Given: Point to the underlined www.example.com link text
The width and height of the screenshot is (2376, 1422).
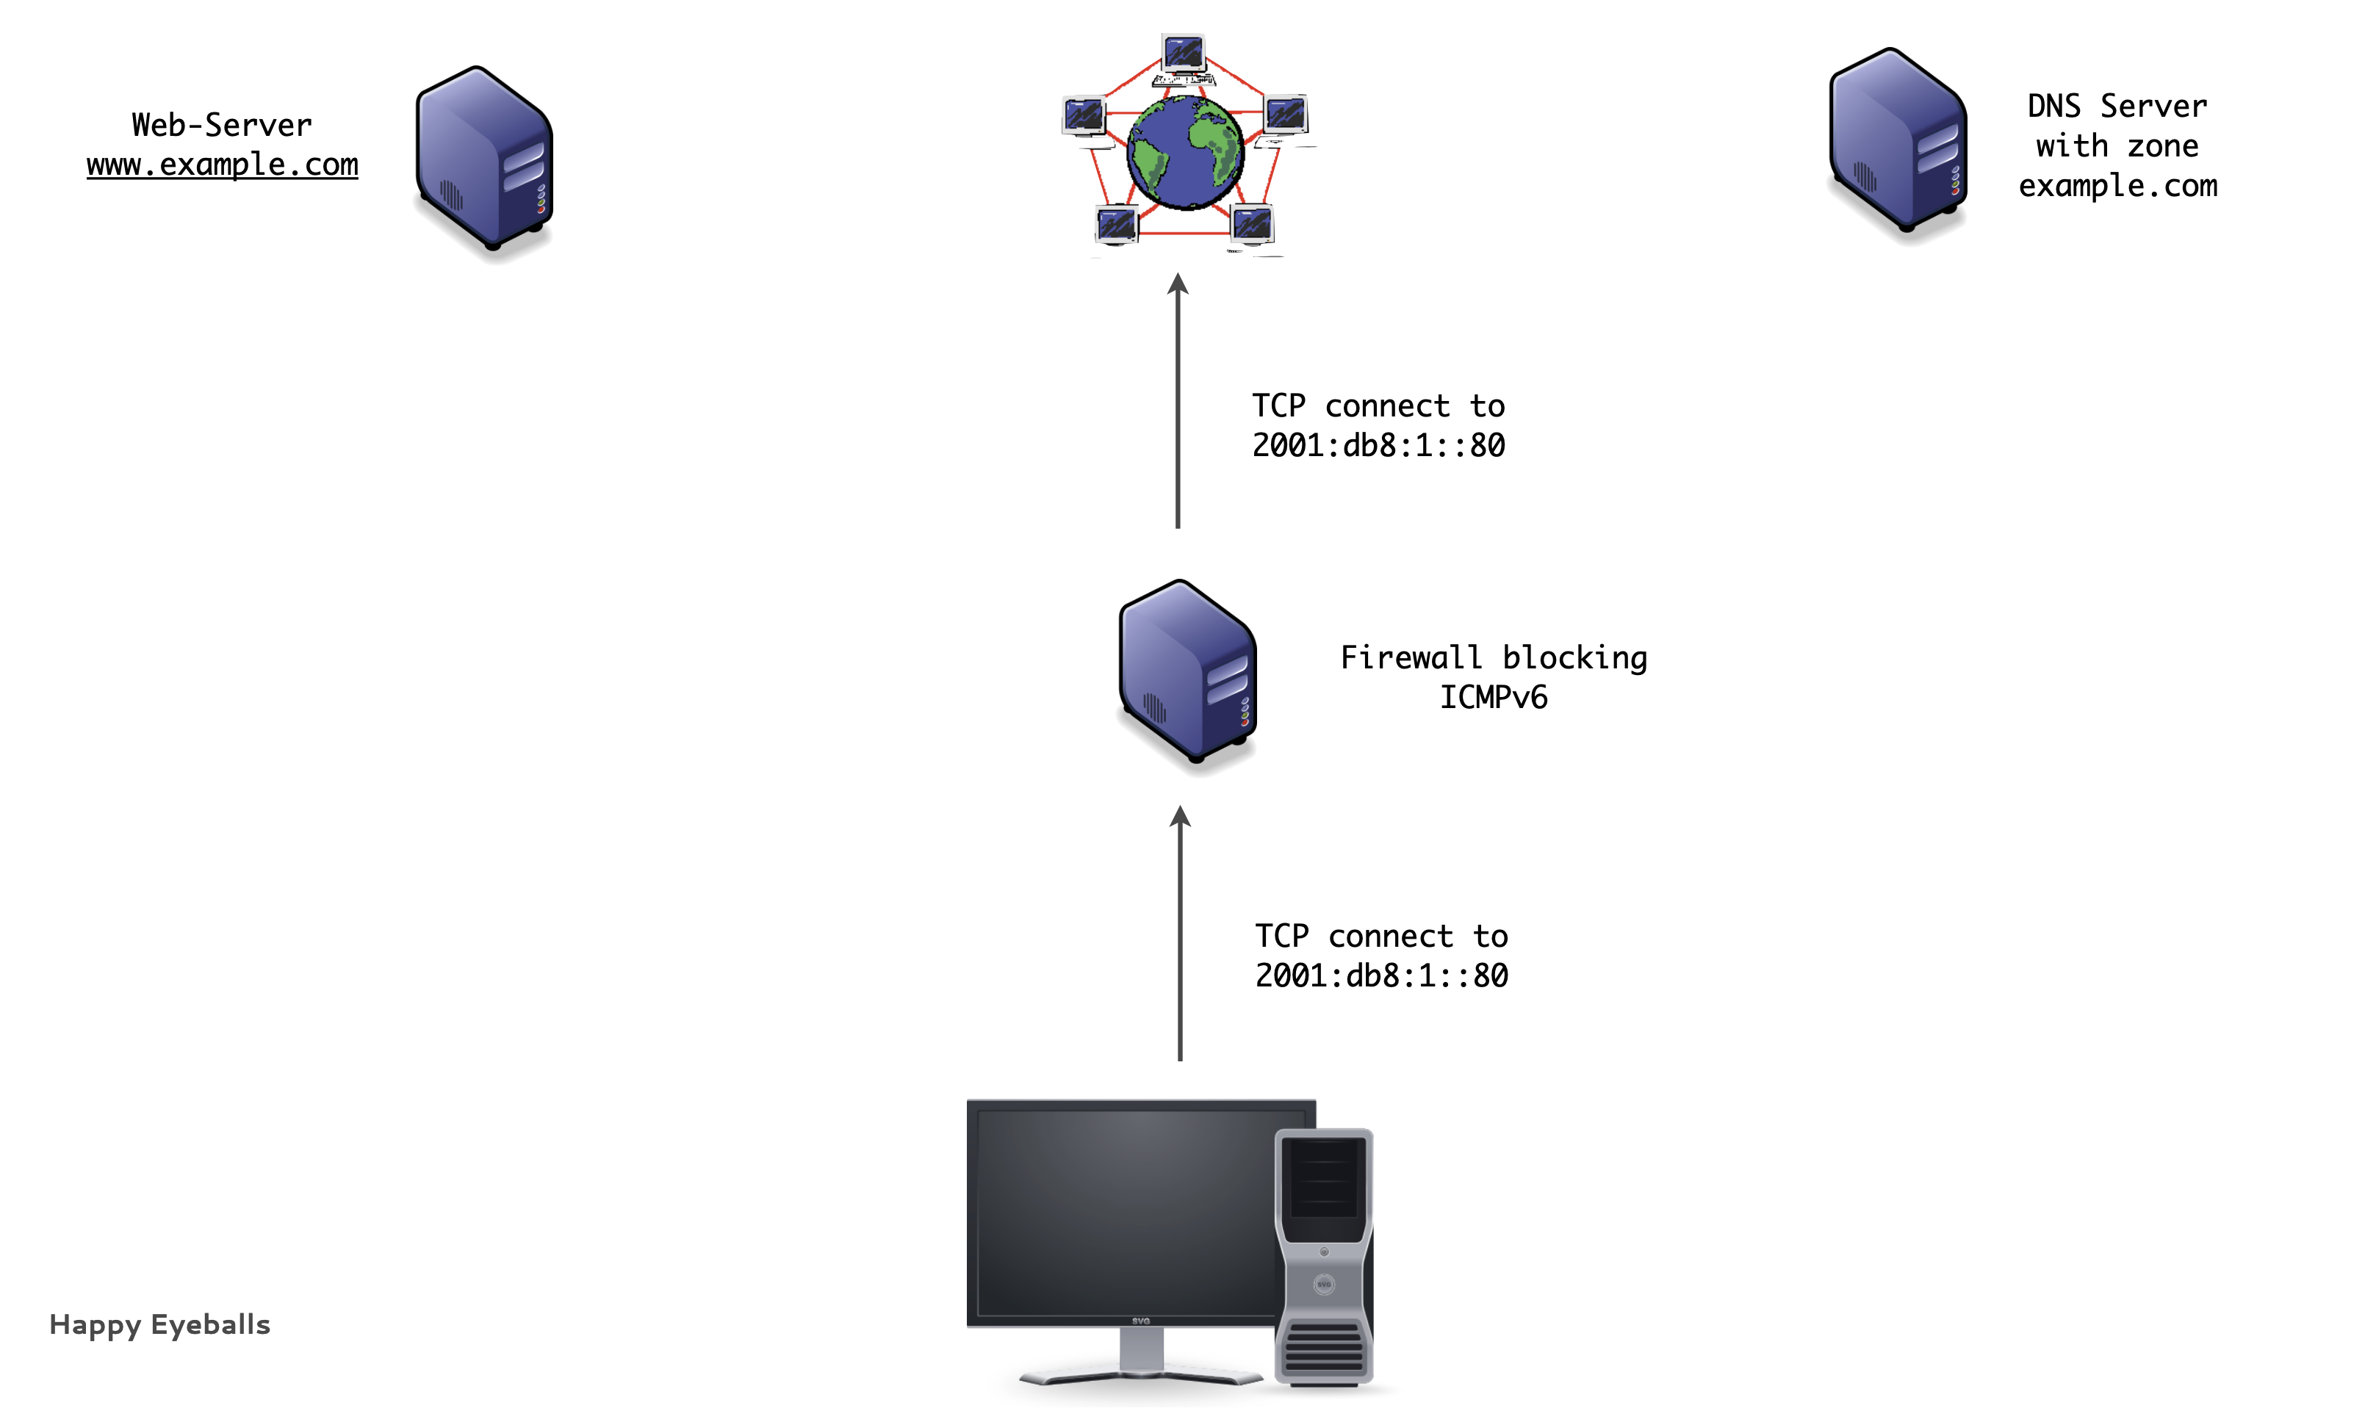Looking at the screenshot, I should [x=223, y=165].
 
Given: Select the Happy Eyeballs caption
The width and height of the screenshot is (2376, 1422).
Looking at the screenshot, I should [x=160, y=1324].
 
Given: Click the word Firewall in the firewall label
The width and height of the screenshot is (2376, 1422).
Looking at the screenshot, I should [x=1410, y=658].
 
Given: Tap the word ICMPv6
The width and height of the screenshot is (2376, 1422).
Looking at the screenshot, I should [x=1494, y=698].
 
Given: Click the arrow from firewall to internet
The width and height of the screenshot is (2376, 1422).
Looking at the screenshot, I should [x=1178, y=403].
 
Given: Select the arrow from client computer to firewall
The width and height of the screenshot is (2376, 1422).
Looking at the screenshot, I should [x=1180, y=934].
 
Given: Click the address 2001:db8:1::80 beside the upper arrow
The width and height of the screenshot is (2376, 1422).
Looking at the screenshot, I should [x=1378, y=446].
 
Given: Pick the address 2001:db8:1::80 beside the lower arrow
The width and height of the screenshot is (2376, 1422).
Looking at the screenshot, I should [x=1381, y=975].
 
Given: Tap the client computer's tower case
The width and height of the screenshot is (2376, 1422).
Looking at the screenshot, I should [x=1324, y=1255].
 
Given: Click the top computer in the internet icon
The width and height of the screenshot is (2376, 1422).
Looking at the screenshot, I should [x=1184, y=54].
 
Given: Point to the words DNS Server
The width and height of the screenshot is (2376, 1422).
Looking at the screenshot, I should [x=2117, y=106].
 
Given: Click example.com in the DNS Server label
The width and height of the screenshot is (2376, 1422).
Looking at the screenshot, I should [x=2117, y=186].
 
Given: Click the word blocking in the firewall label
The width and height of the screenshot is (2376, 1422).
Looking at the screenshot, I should [x=1574, y=658].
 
